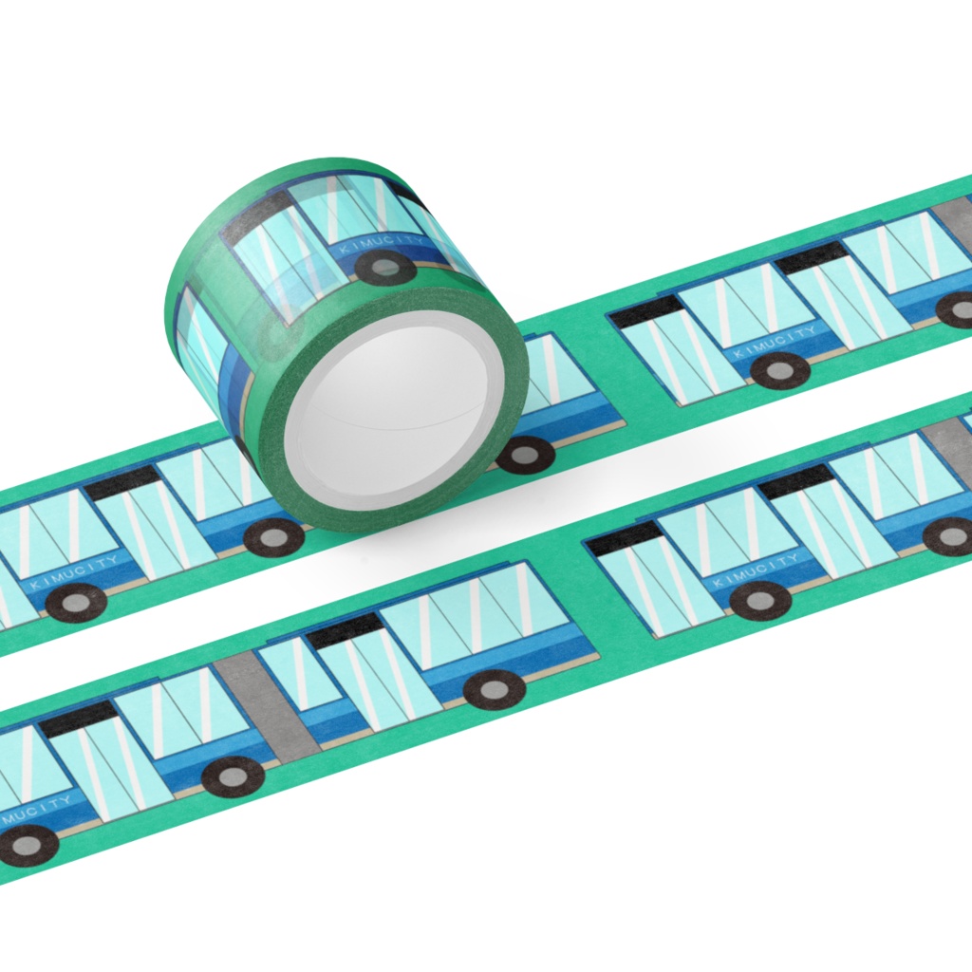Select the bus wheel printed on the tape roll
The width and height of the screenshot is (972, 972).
point(384,267)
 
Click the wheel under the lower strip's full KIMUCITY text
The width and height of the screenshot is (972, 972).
point(760,601)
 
